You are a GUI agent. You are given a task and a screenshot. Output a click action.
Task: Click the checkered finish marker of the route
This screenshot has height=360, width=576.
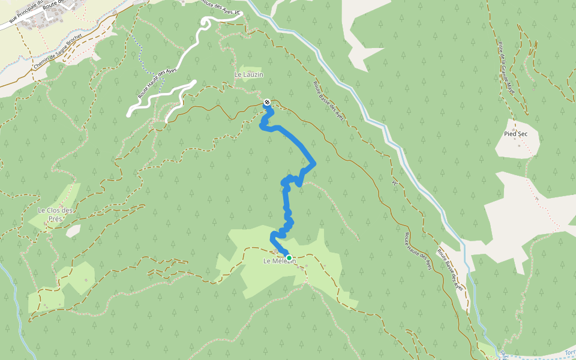tap(267, 102)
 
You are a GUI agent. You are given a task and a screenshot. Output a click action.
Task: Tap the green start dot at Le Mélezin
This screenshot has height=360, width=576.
tap(289, 258)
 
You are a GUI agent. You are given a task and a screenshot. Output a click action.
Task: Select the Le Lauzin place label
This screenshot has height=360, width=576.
tap(249, 74)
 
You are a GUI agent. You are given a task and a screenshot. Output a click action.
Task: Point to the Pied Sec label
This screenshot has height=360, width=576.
tap(515, 133)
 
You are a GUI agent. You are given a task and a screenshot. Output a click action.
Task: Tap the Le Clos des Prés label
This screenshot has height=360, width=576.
tap(55, 214)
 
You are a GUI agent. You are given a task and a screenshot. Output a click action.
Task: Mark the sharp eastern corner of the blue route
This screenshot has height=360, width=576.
tap(315, 163)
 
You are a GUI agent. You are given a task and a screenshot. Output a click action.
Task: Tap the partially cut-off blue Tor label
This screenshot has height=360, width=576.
tap(570, 352)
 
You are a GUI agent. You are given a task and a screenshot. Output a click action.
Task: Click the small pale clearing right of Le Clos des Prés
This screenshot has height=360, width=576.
tap(73, 230)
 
